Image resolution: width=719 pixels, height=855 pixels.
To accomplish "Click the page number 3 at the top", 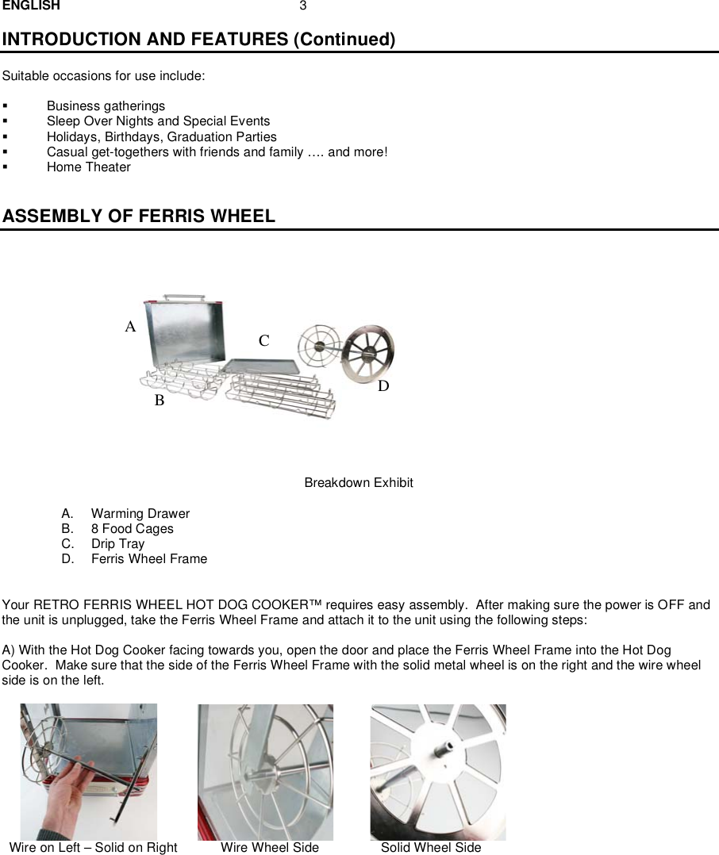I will (x=302, y=6).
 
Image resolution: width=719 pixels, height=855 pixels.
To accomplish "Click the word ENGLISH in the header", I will (x=31, y=6).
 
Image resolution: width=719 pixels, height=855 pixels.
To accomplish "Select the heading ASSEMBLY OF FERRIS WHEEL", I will (x=139, y=216).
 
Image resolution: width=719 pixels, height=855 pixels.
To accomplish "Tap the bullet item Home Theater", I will (x=88, y=167).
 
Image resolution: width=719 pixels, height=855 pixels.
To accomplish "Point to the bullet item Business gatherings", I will (x=106, y=106).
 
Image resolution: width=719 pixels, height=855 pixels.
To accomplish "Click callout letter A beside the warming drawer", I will (x=130, y=327).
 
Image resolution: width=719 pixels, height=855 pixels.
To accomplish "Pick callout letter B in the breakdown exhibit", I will (x=159, y=401).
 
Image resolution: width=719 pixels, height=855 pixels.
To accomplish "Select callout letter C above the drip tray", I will (x=263, y=341).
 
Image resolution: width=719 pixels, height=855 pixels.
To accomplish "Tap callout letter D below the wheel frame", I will (x=383, y=386).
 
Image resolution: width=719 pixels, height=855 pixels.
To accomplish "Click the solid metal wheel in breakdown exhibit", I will (x=368, y=354).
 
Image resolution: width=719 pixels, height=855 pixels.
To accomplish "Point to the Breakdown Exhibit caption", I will (x=359, y=483).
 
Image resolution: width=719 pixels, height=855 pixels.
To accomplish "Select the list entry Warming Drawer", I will (x=140, y=514).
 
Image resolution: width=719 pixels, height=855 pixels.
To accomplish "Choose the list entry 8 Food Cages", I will (x=132, y=529).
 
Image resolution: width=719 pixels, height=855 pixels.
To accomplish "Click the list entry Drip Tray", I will (x=117, y=544).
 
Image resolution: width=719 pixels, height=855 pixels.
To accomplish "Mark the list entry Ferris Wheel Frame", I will (x=148, y=559).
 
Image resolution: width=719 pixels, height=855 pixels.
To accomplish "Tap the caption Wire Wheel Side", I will (x=269, y=847).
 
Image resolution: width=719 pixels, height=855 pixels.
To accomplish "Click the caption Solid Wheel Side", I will (x=430, y=847).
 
